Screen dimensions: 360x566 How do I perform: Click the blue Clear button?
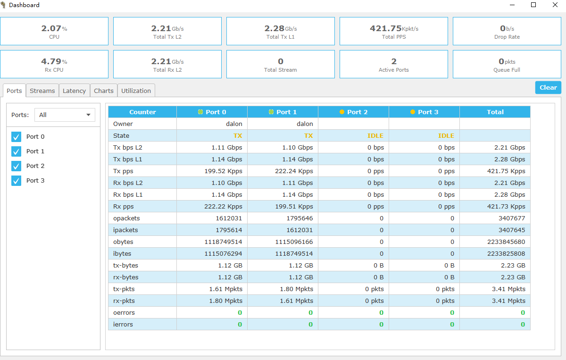(548, 87)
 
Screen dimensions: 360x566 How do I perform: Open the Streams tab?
(42, 91)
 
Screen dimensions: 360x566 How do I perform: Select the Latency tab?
(75, 91)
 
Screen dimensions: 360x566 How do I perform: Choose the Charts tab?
(104, 91)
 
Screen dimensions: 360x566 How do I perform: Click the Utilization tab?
(136, 91)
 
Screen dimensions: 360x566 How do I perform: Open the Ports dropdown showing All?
(65, 115)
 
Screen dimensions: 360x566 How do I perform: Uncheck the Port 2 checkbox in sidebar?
(17, 166)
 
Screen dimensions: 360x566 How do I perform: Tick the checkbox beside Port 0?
(17, 137)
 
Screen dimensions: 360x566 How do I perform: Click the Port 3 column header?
(424, 112)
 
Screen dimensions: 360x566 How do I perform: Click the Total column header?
(495, 112)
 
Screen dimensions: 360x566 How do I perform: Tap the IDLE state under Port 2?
(375, 135)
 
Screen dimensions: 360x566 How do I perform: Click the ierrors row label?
(123, 324)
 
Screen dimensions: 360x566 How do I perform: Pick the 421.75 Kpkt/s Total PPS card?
(394, 31)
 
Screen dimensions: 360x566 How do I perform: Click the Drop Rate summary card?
(507, 31)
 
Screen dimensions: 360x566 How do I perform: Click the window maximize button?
(533, 5)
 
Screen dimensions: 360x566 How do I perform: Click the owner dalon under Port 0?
(234, 124)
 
